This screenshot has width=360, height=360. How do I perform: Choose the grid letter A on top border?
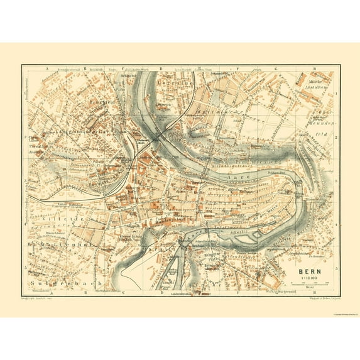47,67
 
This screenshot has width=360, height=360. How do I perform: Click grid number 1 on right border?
337,94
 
